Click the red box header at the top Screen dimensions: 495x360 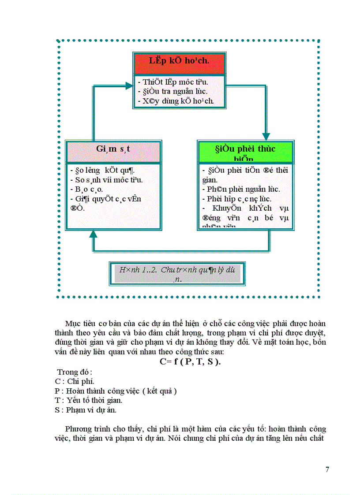coord(179,63)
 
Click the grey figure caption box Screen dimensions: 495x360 coord(176,273)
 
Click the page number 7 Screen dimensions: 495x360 coord(327,469)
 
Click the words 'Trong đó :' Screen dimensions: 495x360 coord(75,372)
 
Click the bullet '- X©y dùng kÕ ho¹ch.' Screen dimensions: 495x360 coord(176,101)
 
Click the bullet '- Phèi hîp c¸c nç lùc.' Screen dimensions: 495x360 coord(236,199)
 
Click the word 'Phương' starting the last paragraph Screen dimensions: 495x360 coord(79,429)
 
